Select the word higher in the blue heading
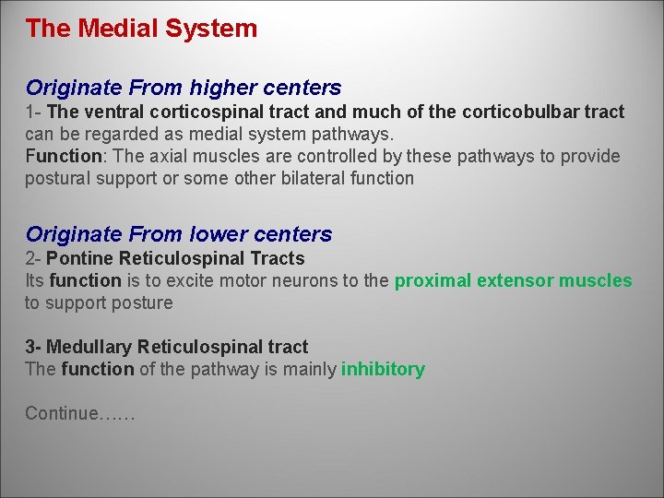pos(224,89)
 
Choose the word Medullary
pos(89,348)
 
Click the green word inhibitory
pos(383,370)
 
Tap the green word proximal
pos(433,281)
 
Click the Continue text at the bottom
pos(79,414)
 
